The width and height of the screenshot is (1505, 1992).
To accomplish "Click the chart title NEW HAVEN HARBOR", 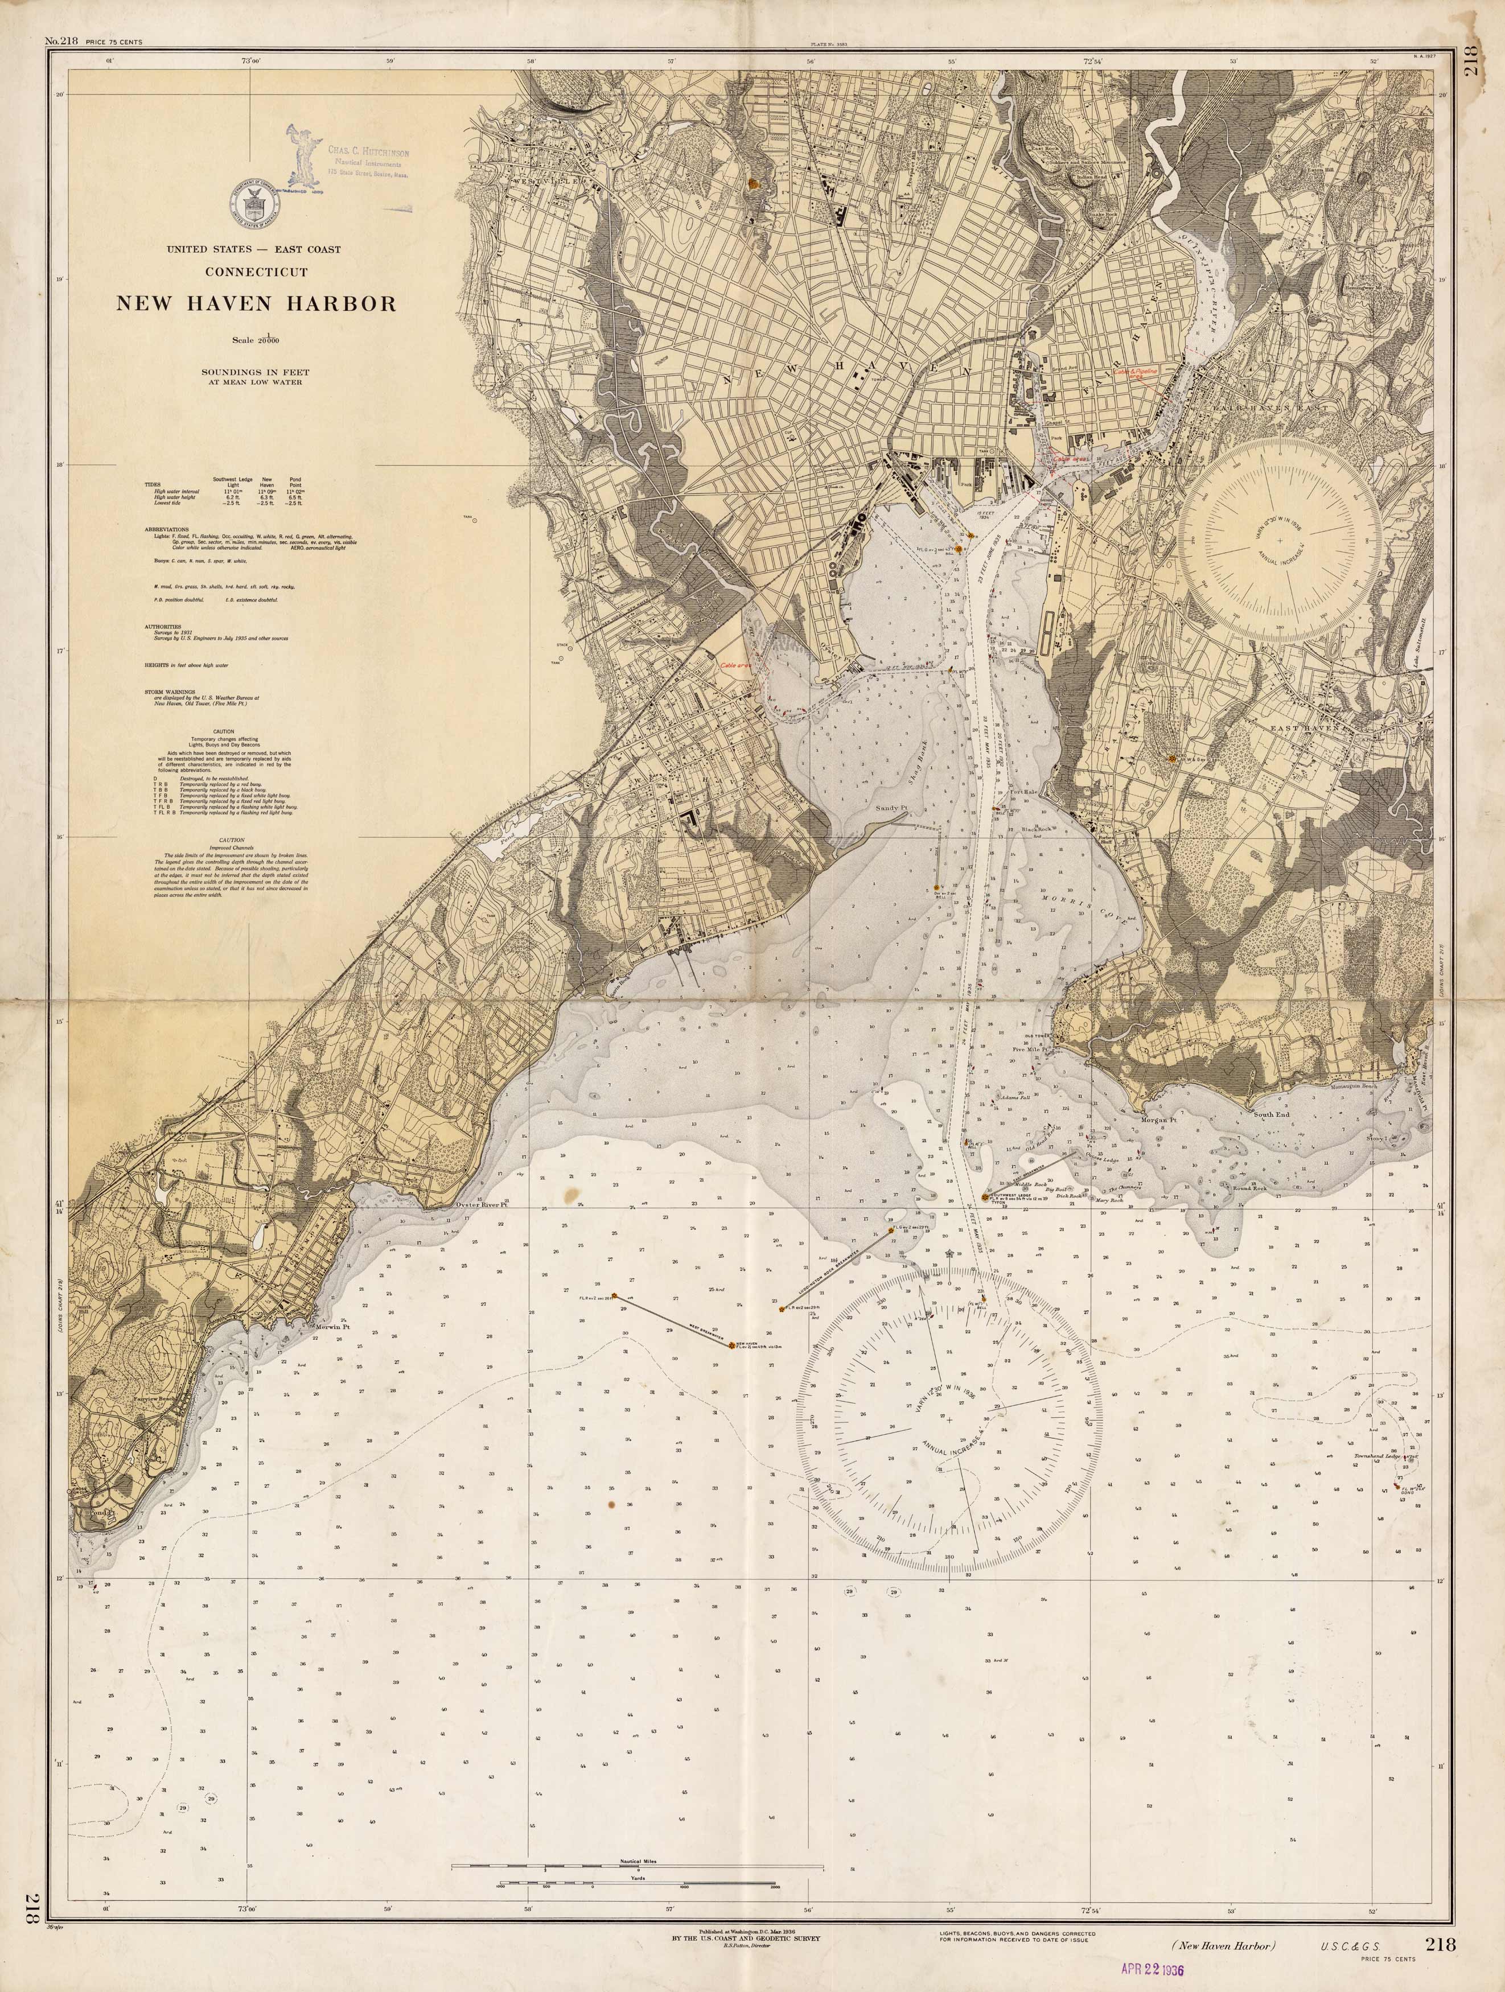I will point(256,303).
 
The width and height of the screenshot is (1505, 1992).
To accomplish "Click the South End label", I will point(1272,1114).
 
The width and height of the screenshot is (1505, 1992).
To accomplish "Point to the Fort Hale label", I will point(1022,792).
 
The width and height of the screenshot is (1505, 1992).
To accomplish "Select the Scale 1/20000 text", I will point(256,340).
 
